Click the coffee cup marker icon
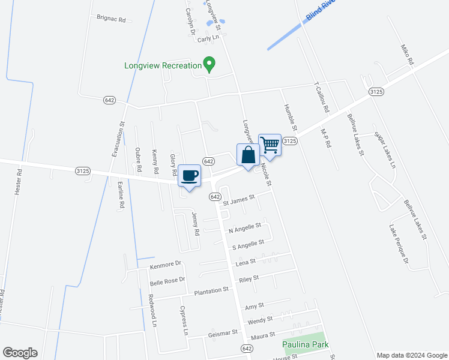point(190,175)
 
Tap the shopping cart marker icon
point(270,145)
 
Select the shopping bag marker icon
point(248,155)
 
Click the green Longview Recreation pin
point(209,64)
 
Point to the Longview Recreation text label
point(162,65)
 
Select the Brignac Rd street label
point(110,19)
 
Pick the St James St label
point(239,199)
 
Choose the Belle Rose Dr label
point(167,280)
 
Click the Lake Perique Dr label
point(399,244)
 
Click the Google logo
point(20,353)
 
